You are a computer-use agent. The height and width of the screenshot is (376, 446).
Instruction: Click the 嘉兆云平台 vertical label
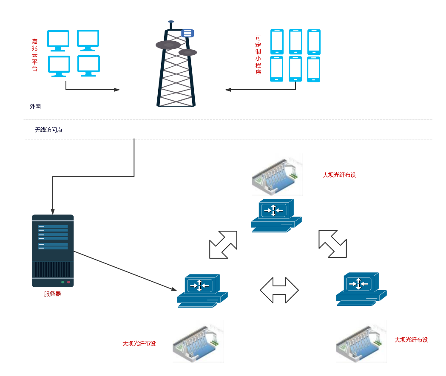click(x=35, y=55)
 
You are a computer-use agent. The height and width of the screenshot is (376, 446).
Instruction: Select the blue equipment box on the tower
click(x=187, y=33)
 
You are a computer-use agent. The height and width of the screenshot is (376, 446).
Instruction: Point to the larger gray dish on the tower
click(x=168, y=45)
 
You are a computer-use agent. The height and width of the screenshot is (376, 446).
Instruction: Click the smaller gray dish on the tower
click(x=188, y=52)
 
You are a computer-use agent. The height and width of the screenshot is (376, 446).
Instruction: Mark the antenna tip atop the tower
click(x=171, y=21)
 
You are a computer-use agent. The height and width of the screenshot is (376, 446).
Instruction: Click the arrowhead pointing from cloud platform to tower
click(x=117, y=90)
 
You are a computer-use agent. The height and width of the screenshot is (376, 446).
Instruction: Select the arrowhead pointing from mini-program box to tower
click(x=227, y=90)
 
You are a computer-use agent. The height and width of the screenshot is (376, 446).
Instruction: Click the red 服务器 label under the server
click(x=53, y=294)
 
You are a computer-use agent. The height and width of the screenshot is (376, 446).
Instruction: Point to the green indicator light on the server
click(x=63, y=282)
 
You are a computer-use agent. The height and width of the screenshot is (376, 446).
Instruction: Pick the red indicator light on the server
click(x=68, y=282)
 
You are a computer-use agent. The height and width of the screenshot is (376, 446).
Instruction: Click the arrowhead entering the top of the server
click(x=53, y=212)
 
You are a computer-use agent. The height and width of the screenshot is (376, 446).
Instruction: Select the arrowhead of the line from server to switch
click(x=174, y=290)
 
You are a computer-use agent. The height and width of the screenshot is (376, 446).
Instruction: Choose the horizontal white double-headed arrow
click(x=279, y=291)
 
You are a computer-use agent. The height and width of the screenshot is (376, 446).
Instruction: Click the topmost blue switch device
click(x=276, y=215)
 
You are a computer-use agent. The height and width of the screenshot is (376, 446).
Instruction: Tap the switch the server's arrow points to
click(x=202, y=291)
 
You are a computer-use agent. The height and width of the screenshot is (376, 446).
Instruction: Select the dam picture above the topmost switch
click(x=276, y=172)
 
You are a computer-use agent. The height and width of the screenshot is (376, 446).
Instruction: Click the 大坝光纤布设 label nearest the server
click(x=139, y=343)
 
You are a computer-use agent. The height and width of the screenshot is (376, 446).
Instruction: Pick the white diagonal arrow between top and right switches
click(x=332, y=243)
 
